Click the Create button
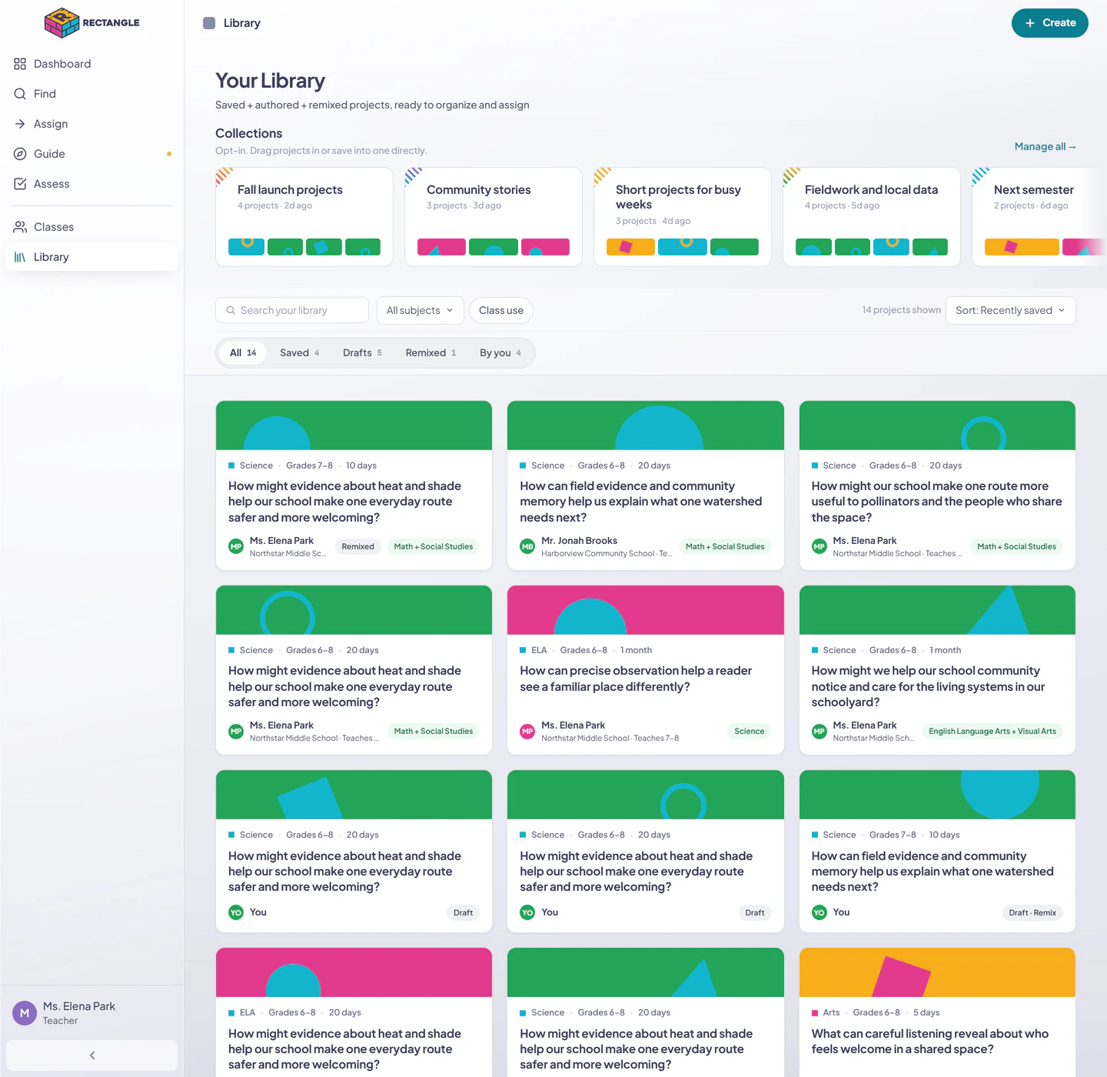1049,23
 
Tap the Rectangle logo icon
61,23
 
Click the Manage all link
1045,146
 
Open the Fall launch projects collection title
290,189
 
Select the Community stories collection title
478,189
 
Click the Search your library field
292,310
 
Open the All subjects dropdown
420,310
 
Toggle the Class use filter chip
500,310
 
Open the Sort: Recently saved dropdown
1010,310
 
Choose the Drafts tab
362,353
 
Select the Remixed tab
430,353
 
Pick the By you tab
500,353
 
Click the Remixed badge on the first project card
357,546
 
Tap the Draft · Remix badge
1032,912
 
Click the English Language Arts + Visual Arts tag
992,731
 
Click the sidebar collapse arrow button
92,1055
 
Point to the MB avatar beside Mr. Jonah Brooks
527,546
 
